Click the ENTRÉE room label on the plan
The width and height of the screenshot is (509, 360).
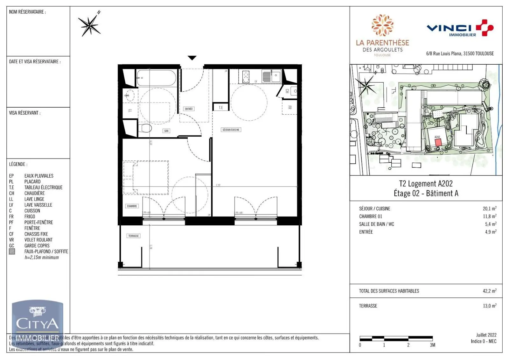point(189,109)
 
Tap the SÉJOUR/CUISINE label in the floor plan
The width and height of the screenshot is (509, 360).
point(231,130)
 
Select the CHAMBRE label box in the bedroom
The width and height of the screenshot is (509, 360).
point(132,206)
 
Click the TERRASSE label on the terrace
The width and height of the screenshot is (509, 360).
point(134,236)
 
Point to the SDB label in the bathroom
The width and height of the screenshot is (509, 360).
point(166,131)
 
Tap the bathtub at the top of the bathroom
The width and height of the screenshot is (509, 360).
point(156,78)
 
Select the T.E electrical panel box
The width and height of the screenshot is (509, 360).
point(220,108)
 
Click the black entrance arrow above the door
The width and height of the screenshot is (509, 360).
point(192,58)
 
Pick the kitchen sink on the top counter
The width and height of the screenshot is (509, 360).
point(271,76)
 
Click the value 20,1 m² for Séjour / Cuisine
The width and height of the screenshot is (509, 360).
point(489,209)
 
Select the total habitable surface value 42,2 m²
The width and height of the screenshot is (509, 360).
point(489,291)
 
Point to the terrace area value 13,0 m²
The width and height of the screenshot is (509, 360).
point(489,306)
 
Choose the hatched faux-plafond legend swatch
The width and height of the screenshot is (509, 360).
point(12,251)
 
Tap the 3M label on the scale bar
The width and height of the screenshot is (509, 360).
point(432,345)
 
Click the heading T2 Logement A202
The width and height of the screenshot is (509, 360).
point(426,184)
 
